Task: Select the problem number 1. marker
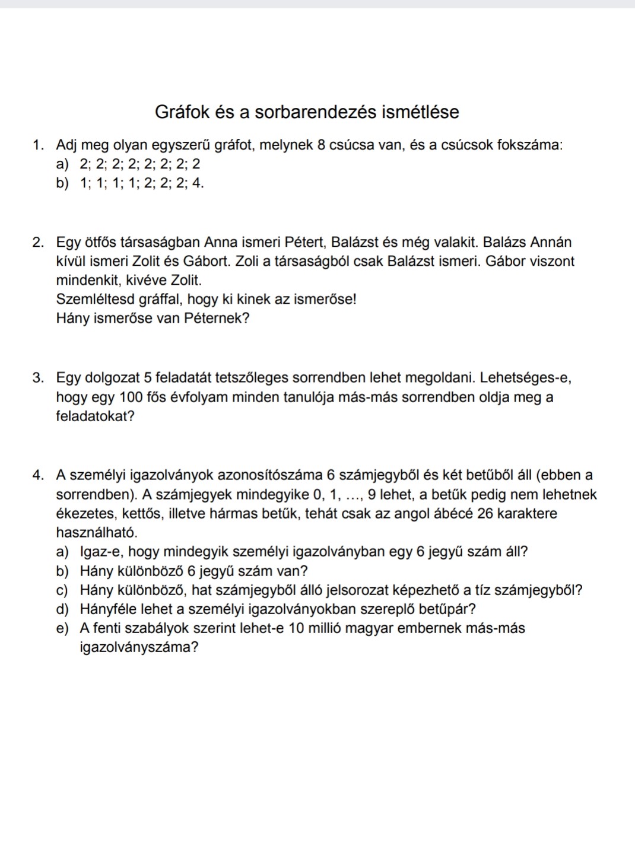point(40,145)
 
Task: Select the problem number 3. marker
point(40,378)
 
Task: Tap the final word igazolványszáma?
point(139,648)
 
